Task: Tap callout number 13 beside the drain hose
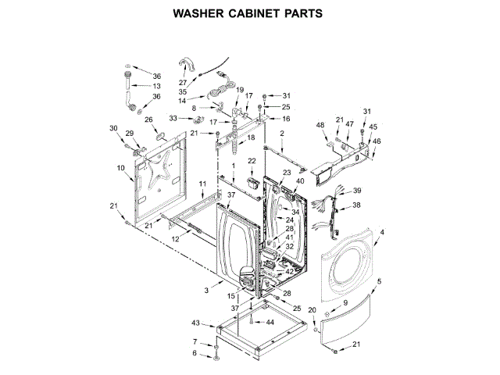tap(156, 86)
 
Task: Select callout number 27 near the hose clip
tap(183, 82)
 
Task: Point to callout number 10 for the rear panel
tap(121, 168)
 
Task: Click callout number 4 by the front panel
tap(382, 231)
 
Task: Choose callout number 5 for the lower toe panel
tap(379, 281)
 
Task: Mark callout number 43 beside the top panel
tap(197, 323)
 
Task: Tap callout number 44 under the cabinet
tap(270, 322)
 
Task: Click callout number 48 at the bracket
tap(320, 125)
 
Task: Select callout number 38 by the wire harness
tap(355, 205)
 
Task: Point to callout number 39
tap(357, 191)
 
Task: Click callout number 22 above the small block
tap(252, 160)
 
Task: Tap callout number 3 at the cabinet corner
tap(206, 291)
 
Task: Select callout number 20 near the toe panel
tap(312, 310)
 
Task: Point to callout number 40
tap(301, 181)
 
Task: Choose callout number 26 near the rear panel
tap(148, 120)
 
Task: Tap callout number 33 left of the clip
tap(174, 118)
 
